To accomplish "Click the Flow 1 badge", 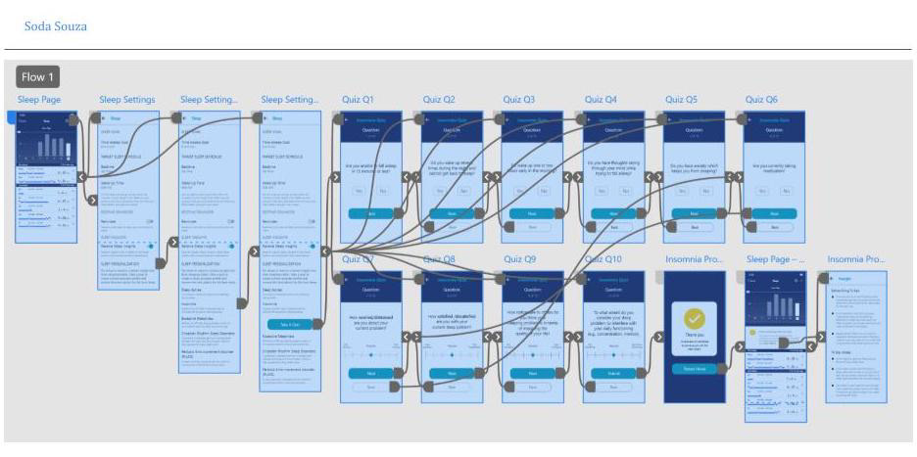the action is [x=39, y=77].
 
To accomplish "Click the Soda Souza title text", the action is [x=56, y=25].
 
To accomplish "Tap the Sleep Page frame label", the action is [x=39, y=100].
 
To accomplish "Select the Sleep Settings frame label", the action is [x=127, y=100].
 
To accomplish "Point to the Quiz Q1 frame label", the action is [x=358, y=100].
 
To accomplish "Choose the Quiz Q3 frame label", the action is [x=519, y=100].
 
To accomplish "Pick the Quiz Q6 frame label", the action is [x=761, y=100].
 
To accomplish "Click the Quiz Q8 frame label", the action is [x=439, y=259].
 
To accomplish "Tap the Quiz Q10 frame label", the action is [x=603, y=259].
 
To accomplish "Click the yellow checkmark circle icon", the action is [x=694, y=318].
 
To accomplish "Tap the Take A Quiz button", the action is [x=290, y=324].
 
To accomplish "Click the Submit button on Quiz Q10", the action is [x=613, y=373].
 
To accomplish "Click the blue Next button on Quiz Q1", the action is [x=370, y=212].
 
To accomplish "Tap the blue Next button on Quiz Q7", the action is [x=370, y=373].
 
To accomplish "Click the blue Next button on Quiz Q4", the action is [x=613, y=212].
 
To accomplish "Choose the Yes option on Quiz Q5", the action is [x=681, y=191].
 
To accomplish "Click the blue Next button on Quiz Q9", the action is [x=532, y=373].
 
